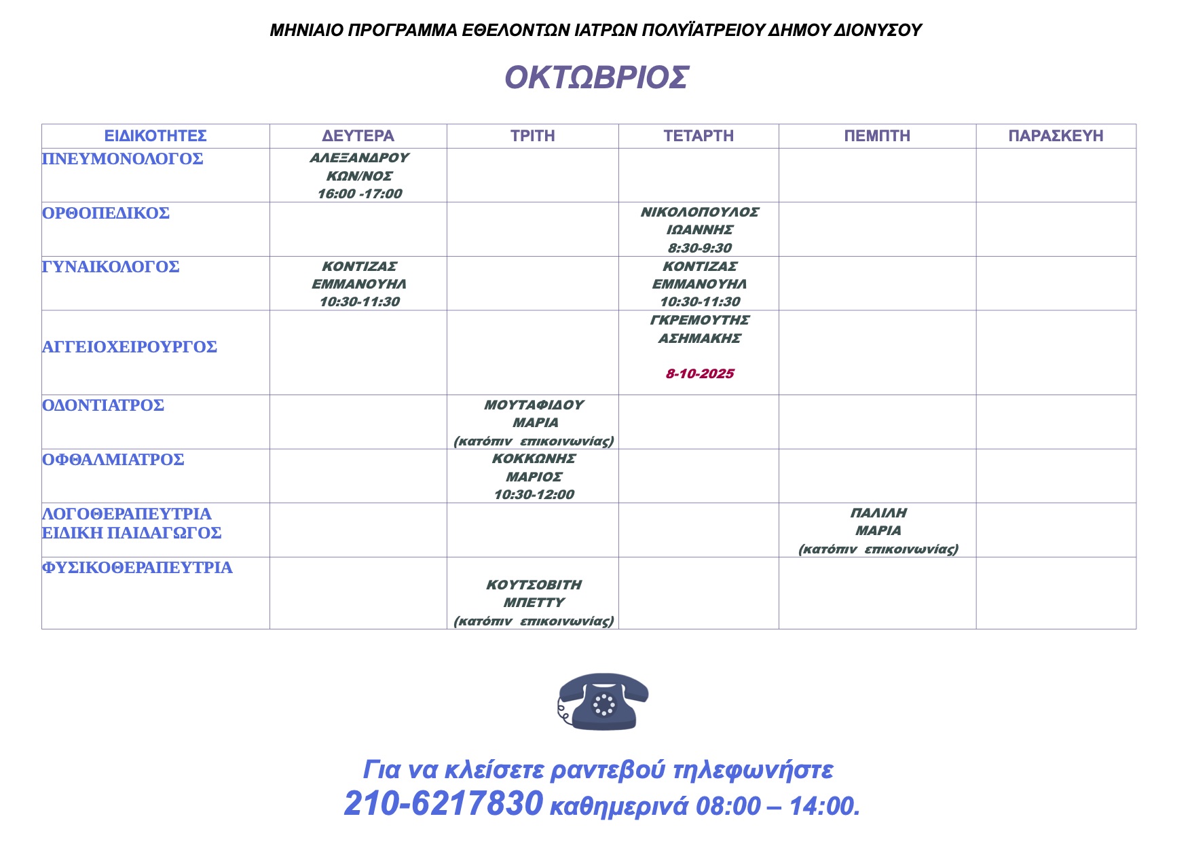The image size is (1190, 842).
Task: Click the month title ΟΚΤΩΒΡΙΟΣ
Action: pyautogui.click(x=596, y=78)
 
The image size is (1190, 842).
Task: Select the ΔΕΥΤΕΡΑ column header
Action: pyautogui.click(x=358, y=136)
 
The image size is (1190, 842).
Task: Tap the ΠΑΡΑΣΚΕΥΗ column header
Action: pyautogui.click(x=1056, y=136)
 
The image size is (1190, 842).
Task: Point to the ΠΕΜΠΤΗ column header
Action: pyautogui.click(x=876, y=136)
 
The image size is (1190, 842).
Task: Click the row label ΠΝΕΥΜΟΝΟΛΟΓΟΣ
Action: pyautogui.click(x=123, y=159)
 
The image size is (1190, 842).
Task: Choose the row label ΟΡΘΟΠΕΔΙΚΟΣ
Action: pyautogui.click(x=106, y=213)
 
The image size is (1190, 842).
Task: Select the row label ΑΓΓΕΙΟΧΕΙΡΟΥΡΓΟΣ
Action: pyautogui.click(x=130, y=347)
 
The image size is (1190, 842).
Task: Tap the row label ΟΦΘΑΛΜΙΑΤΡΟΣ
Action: pyautogui.click(x=113, y=460)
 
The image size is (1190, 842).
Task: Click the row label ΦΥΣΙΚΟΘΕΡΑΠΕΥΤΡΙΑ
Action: pyautogui.click(x=137, y=568)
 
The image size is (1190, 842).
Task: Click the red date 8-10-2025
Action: pyautogui.click(x=700, y=373)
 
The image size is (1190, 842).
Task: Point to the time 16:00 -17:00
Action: pyautogui.click(x=360, y=194)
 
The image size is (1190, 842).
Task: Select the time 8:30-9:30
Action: pyautogui.click(x=700, y=248)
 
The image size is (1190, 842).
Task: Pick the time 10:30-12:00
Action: pyautogui.click(x=534, y=494)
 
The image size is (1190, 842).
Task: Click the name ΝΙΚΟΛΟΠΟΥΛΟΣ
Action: pyautogui.click(x=700, y=212)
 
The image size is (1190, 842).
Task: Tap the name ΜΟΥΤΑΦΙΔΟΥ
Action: pyautogui.click(x=534, y=405)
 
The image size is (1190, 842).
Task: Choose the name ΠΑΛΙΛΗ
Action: pyautogui.click(x=878, y=513)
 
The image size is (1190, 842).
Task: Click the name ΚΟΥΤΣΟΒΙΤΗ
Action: pyautogui.click(x=534, y=585)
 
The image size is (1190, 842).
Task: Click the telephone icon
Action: pyautogui.click(x=603, y=701)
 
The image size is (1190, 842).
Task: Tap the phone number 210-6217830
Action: pyautogui.click(x=443, y=804)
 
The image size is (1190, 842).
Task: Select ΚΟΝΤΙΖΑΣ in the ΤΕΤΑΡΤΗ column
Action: pyautogui.click(x=700, y=266)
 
